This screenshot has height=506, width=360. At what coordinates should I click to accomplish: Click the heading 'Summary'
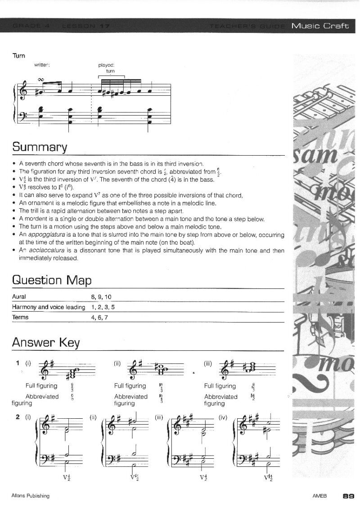pos(40,147)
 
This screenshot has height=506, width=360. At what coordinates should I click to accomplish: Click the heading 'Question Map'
pos(52,280)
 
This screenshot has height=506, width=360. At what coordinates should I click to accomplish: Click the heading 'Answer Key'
pos(45,343)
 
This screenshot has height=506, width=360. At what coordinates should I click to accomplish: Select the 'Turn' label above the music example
pos(18,56)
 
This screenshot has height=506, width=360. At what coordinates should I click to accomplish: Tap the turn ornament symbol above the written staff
pos(41,80)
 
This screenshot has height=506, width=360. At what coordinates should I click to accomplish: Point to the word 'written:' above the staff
pos(42,65)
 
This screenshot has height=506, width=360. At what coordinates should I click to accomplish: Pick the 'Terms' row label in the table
pos(20,317)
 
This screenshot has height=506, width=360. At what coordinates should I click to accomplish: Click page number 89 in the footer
pos(348,496)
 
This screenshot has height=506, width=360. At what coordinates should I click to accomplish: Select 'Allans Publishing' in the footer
pos(30,496)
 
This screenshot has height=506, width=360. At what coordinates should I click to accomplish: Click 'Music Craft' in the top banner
pos(320,26)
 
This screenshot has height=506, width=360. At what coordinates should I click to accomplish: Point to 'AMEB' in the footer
pos(319,496)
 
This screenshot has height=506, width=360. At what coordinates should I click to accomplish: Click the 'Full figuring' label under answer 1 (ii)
pos(130,386)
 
